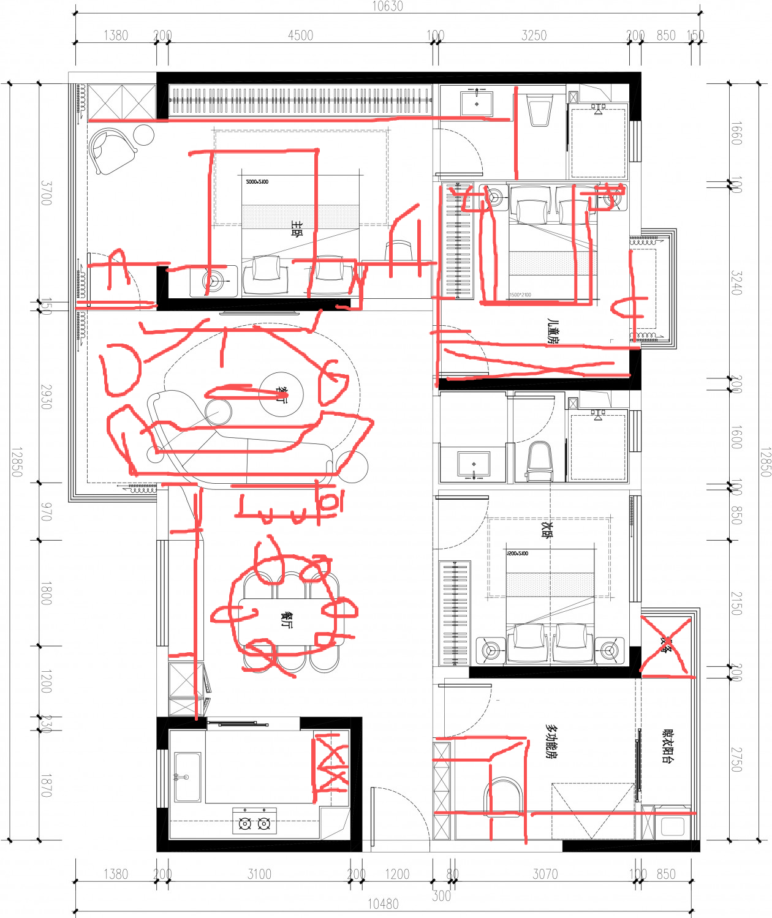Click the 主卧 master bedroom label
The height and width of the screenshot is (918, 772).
297,229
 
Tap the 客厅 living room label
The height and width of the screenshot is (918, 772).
281,394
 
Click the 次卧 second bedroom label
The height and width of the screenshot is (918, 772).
547,529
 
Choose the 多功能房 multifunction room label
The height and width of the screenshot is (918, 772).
551,742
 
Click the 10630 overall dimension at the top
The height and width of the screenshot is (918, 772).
387,6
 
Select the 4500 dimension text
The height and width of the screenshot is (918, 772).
300,36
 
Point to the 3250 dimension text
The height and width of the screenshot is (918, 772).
534,36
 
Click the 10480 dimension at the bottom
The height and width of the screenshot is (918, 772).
383,904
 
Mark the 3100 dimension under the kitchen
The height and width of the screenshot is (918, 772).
259,874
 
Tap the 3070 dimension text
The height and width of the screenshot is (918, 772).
545,874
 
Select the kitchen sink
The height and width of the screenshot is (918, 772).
187,777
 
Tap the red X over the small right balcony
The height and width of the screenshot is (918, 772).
666,644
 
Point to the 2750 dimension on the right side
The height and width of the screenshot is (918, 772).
736,759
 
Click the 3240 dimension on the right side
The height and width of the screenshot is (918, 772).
736,283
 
